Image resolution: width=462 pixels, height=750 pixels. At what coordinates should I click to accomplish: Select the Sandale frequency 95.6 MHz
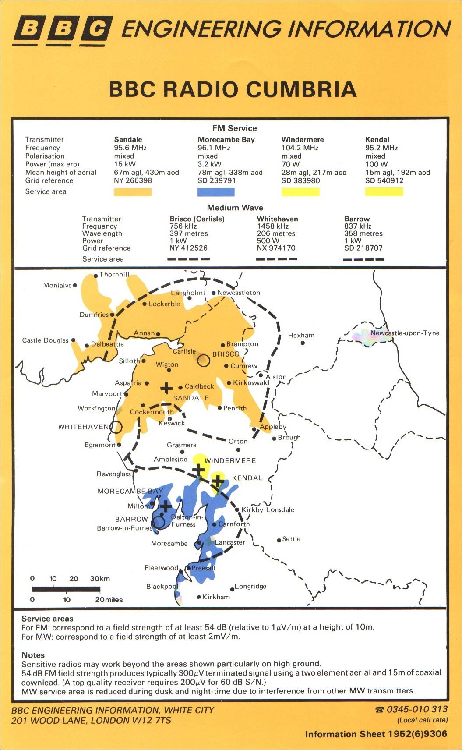tap(130, 148)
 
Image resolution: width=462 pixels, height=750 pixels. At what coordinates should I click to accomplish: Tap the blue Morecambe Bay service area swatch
tap(216, 192)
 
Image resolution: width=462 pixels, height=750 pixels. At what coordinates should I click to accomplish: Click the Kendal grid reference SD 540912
tap(384, 180)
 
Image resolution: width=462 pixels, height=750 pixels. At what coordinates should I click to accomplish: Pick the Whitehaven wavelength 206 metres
tap(276, 233)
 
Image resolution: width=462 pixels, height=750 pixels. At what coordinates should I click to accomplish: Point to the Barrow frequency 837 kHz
tap(358, 226)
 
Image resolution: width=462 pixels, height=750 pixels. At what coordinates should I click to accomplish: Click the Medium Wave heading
tap(235, 208)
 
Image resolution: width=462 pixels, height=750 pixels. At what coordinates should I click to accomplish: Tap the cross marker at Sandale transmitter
tap(166, 388)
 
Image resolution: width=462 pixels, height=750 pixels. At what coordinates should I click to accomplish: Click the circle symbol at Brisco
tap(203, 361)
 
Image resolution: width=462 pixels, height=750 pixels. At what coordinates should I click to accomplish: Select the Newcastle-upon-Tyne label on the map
tap(405, 333)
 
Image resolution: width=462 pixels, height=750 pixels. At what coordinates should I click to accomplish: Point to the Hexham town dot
tap(303, 343)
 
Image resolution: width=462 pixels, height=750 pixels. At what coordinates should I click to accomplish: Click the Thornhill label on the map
tap(114, 275)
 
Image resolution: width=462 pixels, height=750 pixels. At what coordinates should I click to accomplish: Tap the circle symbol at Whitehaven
tap(116, 427)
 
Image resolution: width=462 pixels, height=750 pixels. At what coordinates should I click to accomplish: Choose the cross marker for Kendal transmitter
tap(217, 481)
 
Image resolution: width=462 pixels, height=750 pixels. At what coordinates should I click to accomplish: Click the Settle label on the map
tap(291, 539)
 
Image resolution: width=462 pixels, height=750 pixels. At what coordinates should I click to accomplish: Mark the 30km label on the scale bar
tap(100, 579)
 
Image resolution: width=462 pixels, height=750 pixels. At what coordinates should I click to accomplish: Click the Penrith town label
tap(235, 408)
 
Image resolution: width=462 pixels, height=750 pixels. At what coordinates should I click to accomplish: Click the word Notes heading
tap(33, 655)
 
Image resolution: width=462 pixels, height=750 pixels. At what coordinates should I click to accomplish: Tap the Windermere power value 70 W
tap(291, 164)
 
